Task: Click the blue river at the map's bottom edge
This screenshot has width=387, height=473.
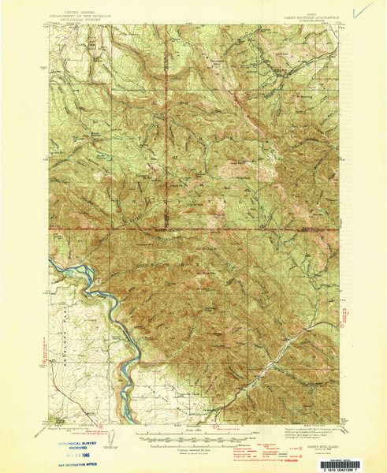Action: (123, 416)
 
